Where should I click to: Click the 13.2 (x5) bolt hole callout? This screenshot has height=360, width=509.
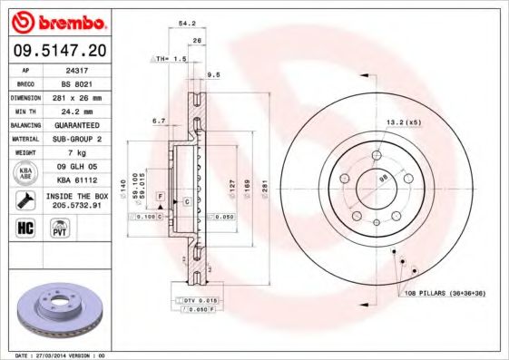click(x=403, y=122)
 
